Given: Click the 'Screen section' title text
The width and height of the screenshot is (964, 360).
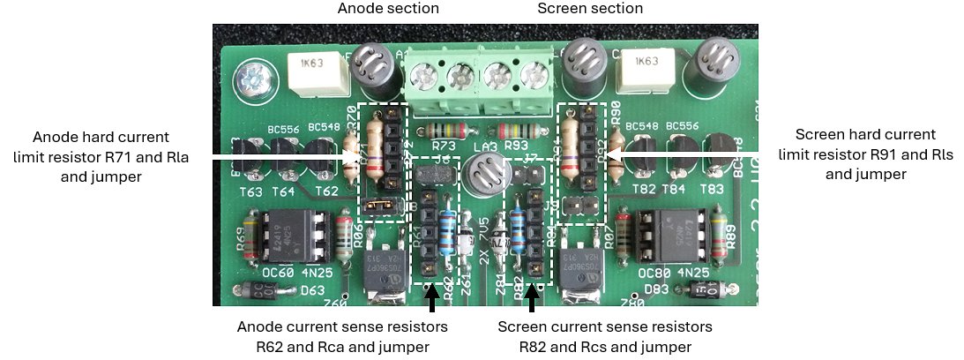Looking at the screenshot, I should [x=590, y=9].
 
